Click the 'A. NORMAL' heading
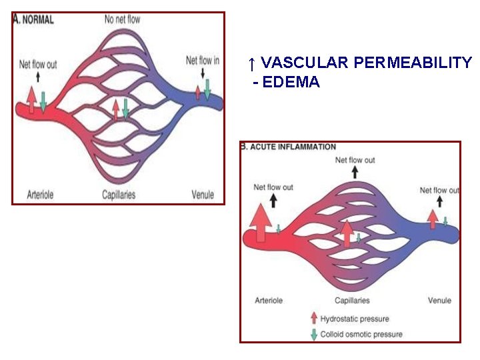[x=34, y=20]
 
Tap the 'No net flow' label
[x=122, y=19]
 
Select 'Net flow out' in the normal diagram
[x=38, y=65]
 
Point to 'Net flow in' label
[x=203, y=61]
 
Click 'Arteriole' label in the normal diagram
[x=40, y=195]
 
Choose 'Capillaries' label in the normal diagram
[x=119, y=195]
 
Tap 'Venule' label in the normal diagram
[x=203, y=195]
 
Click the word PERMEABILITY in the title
[x=413, y=63]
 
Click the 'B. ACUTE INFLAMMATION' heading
[x=289, y=147]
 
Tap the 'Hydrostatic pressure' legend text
[x=355, y=319]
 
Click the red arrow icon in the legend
[x=313, y=319]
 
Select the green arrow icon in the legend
[x=313, y=334]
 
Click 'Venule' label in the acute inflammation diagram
[x=439, y=301]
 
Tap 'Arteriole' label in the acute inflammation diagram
[x=269, y=301]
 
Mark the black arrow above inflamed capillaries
[x=355, y=172]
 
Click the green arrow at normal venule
[x=207, y=89]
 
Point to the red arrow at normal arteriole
[x=31, y=101]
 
